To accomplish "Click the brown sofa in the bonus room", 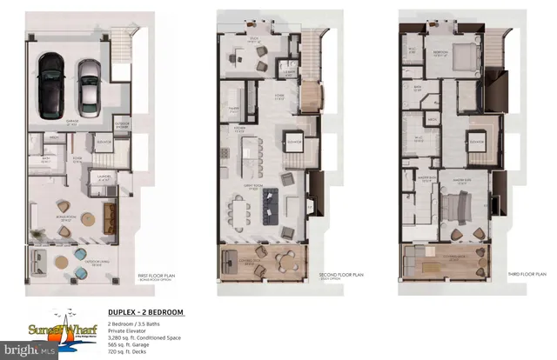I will pos(111,214).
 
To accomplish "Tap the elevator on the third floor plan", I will pos(476,142).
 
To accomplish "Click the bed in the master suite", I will pos(454,209).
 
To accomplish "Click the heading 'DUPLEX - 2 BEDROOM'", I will pos(146,311).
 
